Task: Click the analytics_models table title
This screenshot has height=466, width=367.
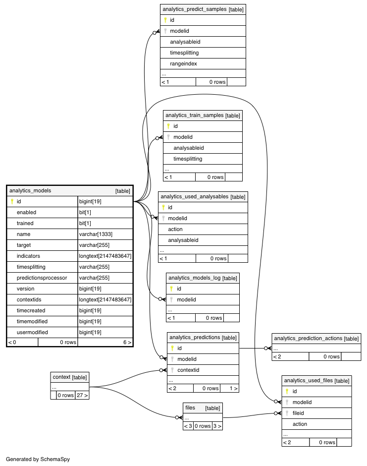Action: click(x=30, y=190)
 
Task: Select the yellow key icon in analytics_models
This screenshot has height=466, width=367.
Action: click(x=12, y=201)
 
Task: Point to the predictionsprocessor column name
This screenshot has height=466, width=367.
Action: click(x=42, y=278)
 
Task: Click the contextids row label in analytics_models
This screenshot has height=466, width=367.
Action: click(x=29, y=299)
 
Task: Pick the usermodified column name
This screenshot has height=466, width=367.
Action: click(x=32, y=332)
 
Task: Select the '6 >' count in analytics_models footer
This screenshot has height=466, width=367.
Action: click(x=127, y=343)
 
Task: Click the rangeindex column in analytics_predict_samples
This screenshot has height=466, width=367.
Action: click(x=183, y=63)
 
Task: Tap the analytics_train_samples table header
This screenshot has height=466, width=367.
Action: click(x=203, y=116)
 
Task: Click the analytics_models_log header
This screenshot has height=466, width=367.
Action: click(x=203, y=278)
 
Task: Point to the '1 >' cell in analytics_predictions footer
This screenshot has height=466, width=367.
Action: click(x=233, y=388)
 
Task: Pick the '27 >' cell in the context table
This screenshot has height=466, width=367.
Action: click(x=82, y=395)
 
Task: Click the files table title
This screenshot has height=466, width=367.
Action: click(x=190, y=408)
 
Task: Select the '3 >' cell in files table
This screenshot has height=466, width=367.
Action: click(x=217, y=426)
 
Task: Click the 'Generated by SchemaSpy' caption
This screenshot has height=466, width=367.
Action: click(x=38, y=459)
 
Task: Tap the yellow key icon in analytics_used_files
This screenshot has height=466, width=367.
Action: click(x=287, y=392)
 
